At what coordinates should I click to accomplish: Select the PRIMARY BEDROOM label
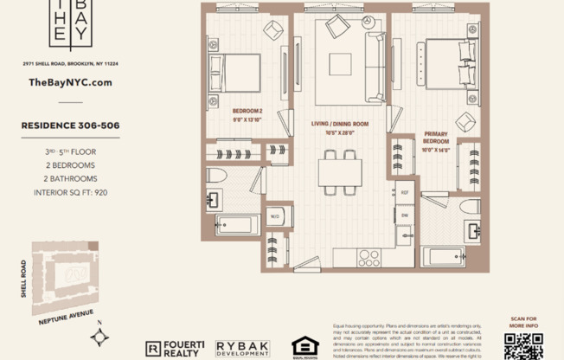point(435,138)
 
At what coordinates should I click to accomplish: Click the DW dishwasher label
point(404,214)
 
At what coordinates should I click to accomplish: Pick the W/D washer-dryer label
point(274,216)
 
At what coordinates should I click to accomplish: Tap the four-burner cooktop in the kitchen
point(369,256)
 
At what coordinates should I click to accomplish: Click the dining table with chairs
point(339,171)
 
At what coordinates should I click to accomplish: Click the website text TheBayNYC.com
point(71,82)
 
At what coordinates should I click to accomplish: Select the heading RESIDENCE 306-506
point(70,125)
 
